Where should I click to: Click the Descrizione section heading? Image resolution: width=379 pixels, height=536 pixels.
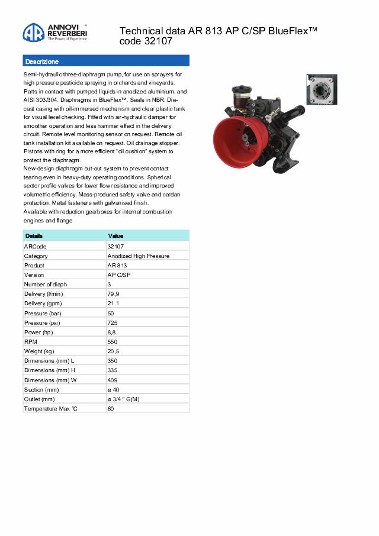click(x=42, y=62)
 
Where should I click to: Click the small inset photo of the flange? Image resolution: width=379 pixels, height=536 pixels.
click(x=322, y=89)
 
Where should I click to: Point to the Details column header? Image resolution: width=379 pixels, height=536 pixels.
click(x=34, y=236)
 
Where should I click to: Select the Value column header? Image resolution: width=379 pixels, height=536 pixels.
click(x=115, y=236)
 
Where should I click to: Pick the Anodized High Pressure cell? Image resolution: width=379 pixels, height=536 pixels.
click(x=139, y=256)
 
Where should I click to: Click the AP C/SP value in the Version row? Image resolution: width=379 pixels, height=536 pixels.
click(x=119, y=275)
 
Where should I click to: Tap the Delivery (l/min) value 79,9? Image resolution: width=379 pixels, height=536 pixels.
click(x=114, y=294)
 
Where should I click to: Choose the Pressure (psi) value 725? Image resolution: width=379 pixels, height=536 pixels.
click(x=113, y=322)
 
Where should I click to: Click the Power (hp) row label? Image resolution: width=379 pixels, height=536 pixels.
click(x=38, y=332)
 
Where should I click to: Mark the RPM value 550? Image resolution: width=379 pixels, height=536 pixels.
click(x=113, y=342)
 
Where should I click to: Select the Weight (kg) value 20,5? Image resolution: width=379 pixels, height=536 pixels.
click(x=114, y=351)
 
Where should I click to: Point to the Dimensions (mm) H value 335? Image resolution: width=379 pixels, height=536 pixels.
click(x=113, y=370)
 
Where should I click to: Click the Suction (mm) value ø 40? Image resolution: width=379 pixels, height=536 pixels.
click(x=114, y=389)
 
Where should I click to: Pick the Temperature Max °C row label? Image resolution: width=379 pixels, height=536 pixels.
click(x=51, y=409)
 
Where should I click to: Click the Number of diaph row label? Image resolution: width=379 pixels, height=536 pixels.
click(x=46, y=285)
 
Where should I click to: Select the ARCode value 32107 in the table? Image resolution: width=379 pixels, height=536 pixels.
click(x=115, y=246)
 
